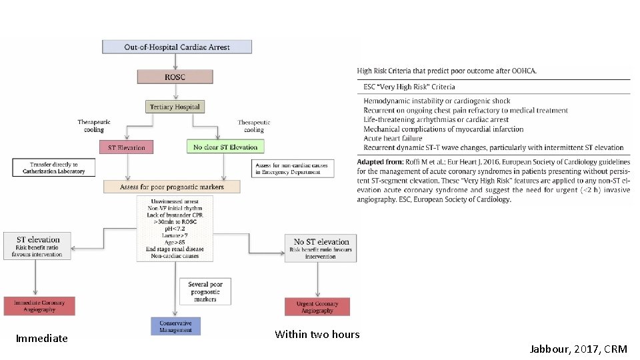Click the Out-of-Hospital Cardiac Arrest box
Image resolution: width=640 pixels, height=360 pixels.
click(x=177, y=47)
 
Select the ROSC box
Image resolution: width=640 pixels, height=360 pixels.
click(x=175, y=77)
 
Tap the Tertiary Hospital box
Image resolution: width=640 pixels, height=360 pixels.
click(x=174, y=107)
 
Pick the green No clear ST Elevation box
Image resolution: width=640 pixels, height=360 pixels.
click(x=225, y=147)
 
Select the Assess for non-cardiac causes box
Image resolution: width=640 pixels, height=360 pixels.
click(x=287, y=168)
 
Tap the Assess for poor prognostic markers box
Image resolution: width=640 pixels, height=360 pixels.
click(x=172, y=187)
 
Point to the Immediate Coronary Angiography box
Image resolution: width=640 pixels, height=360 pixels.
click(x=39, y=306)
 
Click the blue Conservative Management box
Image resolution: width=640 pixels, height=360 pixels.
click(x=175, y=326)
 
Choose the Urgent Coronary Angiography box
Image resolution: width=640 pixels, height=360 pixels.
click(x=317, y=307)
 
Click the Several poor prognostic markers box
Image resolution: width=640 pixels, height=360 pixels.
click(x=206, y=291)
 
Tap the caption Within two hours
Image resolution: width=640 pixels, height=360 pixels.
click(x=317, y=335)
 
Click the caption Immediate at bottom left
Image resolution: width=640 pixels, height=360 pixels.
click(x=42, y=339)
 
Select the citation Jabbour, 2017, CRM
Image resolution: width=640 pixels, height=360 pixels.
click(x=578, y=349)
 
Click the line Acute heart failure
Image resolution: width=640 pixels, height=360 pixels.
click(x=394, y=139)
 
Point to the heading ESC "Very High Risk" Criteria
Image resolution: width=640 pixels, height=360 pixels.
click(x=409, y=87)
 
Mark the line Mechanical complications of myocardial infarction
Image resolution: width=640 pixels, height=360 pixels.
click(x=443, y=129)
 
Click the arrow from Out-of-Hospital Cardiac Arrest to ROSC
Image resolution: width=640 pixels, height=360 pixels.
click(x=175, y=61)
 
